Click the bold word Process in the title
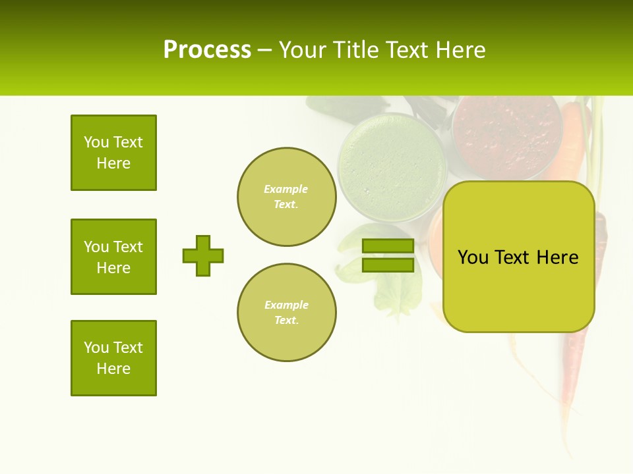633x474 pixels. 207,50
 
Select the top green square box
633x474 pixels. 113,153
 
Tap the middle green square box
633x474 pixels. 113,257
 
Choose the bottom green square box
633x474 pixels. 113,358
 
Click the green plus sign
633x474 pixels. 203,255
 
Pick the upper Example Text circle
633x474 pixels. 286,197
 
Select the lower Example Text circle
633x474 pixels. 286,313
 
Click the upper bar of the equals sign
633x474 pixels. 388,246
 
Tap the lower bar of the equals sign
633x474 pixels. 388,265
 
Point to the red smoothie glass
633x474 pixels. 506,135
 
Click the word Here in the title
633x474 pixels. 462,50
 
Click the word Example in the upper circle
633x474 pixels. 286,189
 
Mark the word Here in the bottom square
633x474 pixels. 113,369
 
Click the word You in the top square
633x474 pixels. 96,142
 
